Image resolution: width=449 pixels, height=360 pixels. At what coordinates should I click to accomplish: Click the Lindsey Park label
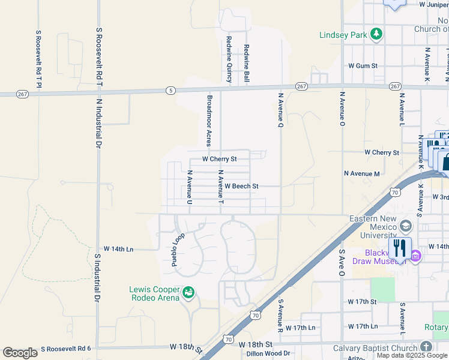point(343,35)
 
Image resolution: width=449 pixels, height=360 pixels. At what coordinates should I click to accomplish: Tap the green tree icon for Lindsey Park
point(376,34)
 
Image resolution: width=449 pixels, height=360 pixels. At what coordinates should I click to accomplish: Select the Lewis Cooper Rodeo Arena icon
point(188,292)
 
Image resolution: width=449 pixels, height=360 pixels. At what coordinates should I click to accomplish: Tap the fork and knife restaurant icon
point(399,247)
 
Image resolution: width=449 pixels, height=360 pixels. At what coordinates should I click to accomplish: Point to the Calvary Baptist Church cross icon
point(426,347)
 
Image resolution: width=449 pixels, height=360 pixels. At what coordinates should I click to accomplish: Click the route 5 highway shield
point(172,91)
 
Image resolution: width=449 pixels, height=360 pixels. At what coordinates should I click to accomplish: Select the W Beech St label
point(241,186)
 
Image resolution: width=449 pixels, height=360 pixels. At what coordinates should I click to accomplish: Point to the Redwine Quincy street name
point(229,59)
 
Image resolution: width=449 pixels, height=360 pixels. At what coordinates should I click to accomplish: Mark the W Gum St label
point(363,65)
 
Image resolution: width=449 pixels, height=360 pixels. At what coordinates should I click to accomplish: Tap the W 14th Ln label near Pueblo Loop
point(118,248)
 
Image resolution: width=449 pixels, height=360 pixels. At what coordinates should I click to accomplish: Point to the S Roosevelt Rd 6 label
point(65,349)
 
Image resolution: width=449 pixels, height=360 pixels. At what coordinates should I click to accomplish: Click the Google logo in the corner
point(20,353)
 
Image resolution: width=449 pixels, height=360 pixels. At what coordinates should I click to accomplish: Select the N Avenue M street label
point(362,173)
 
